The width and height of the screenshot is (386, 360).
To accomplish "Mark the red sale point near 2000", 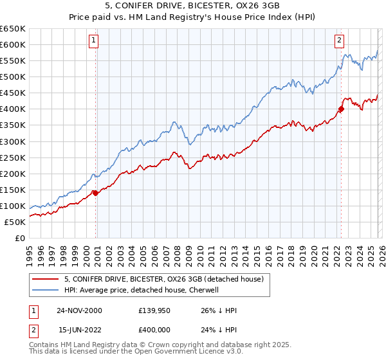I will click(x=95, y=192).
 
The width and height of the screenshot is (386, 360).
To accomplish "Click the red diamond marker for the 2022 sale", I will click(x=341, y=109).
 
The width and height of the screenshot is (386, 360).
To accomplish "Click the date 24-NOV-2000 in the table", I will click(x=79, y=310).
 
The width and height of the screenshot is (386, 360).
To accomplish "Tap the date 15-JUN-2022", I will click(x=79, y=330).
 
